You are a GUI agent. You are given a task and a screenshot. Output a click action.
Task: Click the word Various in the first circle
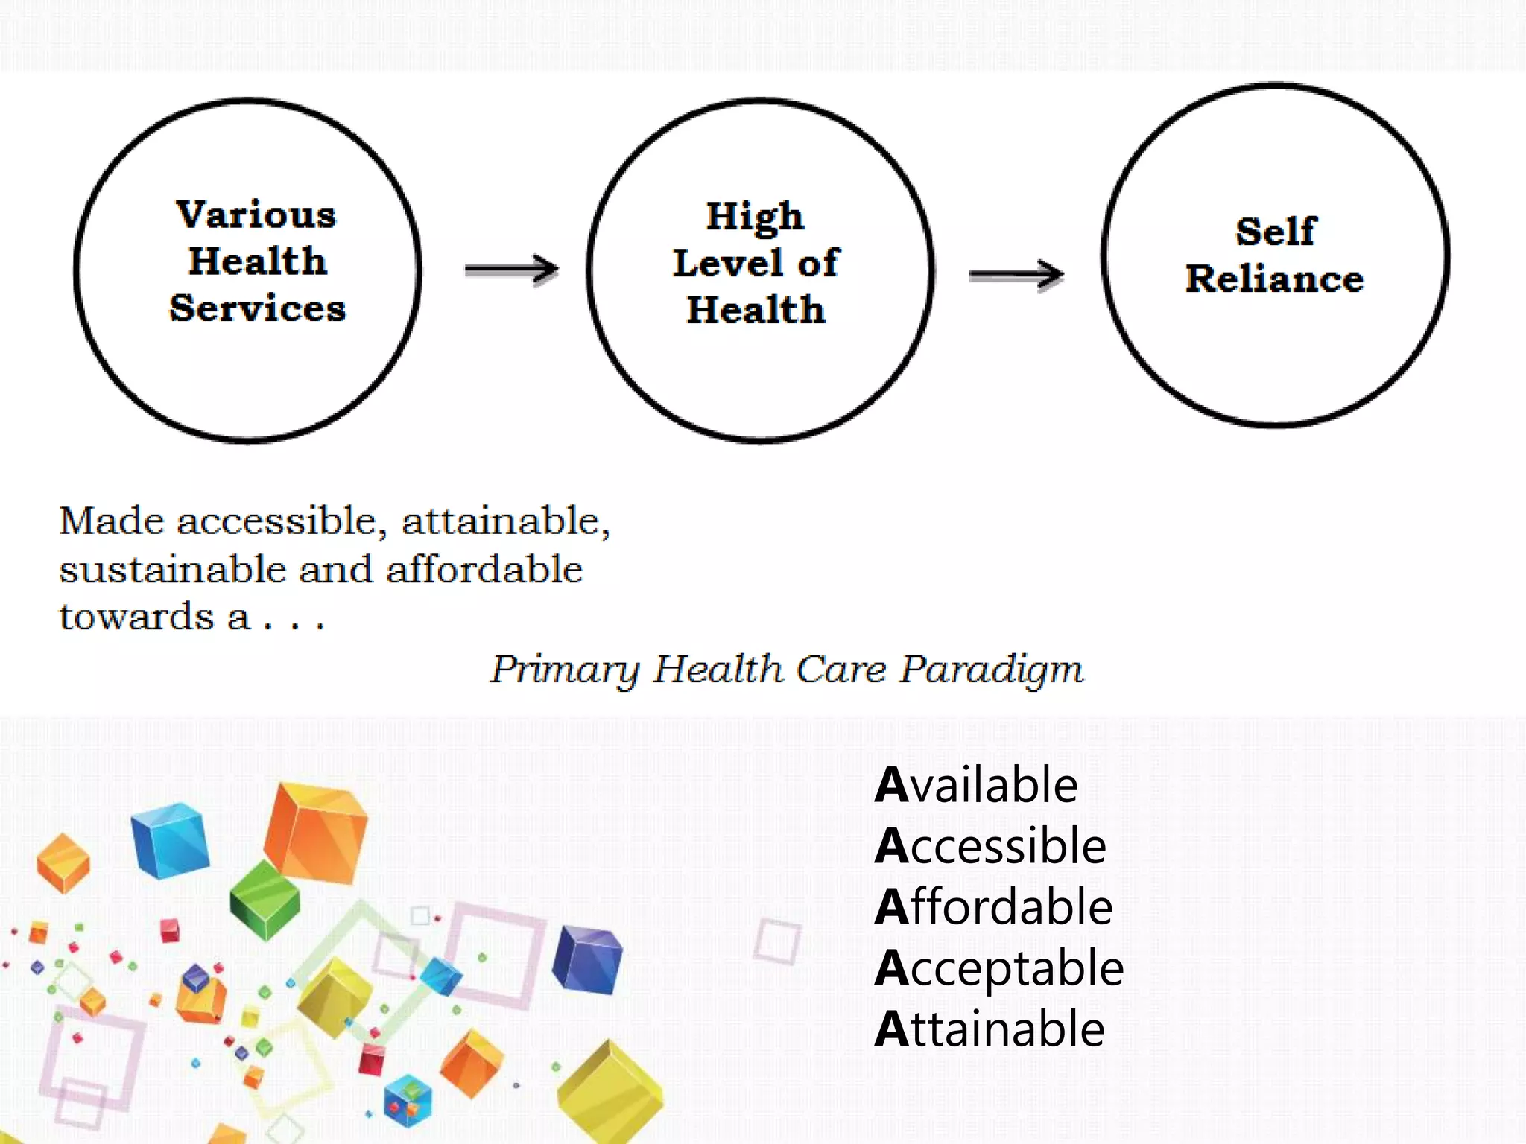pyautogui.click(x=256, y=214)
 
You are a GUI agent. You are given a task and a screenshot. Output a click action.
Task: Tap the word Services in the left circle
pyautogui.click(x=258, y=308)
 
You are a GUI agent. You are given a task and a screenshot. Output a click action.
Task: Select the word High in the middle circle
pyautogui.click(x=755, y=217)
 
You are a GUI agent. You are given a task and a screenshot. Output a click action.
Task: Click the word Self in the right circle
pyautogui.click(x=1276, y=232)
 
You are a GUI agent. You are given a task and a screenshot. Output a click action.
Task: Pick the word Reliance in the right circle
pyautogui.click(x=1275, y=279)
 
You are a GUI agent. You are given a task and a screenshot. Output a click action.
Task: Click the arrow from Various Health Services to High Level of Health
pyautogui.click(x=512, y=269)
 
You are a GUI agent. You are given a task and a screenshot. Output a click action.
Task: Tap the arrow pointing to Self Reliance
pyautogui.click(x=1016, y=276)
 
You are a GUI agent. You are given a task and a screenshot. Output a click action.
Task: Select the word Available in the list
pyautogui.click(x=976, y=785)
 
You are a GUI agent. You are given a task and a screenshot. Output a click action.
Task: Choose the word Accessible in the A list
pyautogui.click(x=990, y=846)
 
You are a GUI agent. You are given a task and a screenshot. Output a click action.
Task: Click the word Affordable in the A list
pyautogui.click(x=994, y=907)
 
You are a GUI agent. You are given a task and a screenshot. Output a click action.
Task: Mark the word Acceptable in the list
pyautogui.click(x=999, y=968)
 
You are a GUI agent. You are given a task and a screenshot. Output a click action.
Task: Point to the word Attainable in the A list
pyautogui.click(x=990, y=1029)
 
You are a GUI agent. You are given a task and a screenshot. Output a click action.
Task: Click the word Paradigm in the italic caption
pyautogui.click(x=992, y=670)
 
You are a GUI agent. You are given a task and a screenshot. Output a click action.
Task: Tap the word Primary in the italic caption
pyautogui.click(x=564, y=670)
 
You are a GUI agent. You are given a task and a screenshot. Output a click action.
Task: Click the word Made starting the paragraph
pyautogui.click(x=111, y=521)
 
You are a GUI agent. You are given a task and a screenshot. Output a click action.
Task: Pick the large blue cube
pyautogui.click(x=170, y=839)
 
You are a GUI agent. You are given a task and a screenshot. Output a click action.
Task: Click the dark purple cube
pyautogui.click(x=587, y=959)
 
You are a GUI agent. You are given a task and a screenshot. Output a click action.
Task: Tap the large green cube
pyautogui.click(x=265, y=899)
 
